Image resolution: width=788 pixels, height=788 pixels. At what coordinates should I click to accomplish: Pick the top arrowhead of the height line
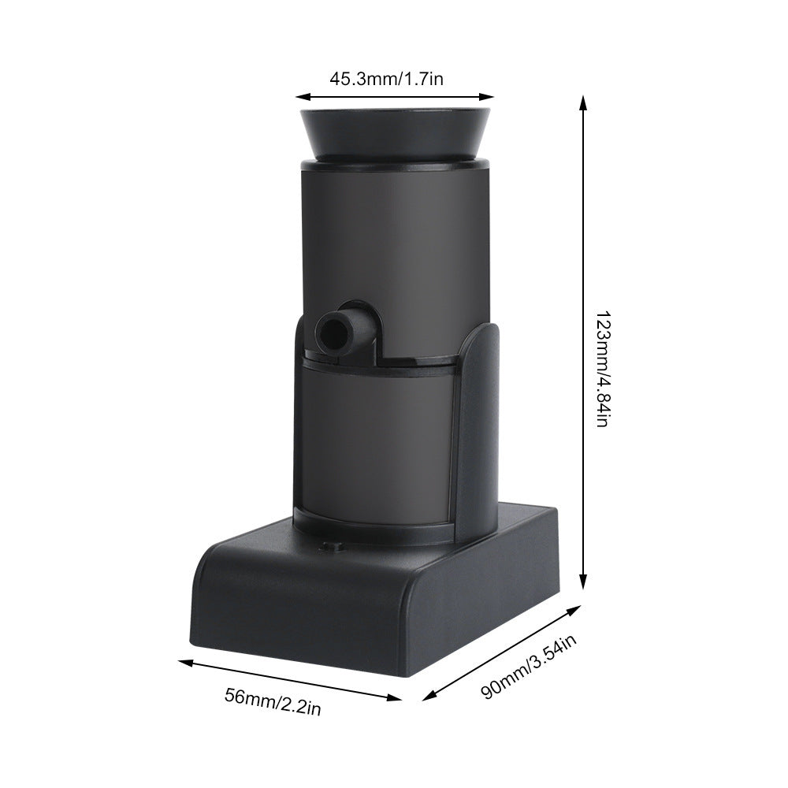click(x=583, y=101)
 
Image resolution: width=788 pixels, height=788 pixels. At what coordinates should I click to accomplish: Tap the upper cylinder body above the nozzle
click(x=394, y=236)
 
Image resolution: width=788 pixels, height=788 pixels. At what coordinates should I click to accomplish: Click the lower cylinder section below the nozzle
click(x=378, y=441)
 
